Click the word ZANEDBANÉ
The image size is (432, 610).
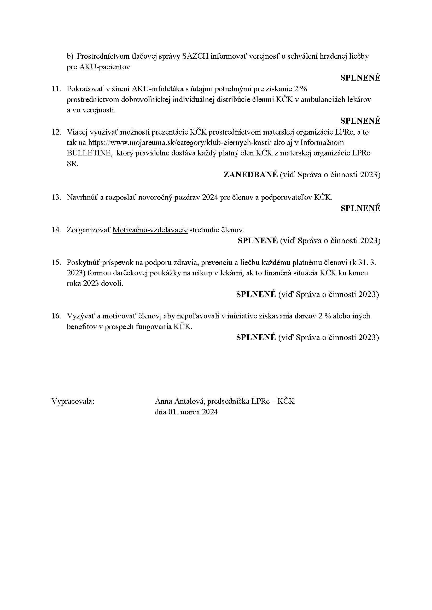250,174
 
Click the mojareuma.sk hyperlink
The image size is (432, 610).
179,142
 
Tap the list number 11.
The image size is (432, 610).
56,88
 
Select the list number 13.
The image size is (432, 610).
56,197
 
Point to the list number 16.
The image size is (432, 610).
56,316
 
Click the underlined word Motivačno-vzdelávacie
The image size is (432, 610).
150,229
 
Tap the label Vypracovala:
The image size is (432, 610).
73,401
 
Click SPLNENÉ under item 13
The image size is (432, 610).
360,208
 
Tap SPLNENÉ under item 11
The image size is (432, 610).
360,121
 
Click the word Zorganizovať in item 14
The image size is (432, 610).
88,229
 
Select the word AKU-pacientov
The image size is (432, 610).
105,67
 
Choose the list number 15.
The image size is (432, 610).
56,262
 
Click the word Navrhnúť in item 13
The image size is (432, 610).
83,197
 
